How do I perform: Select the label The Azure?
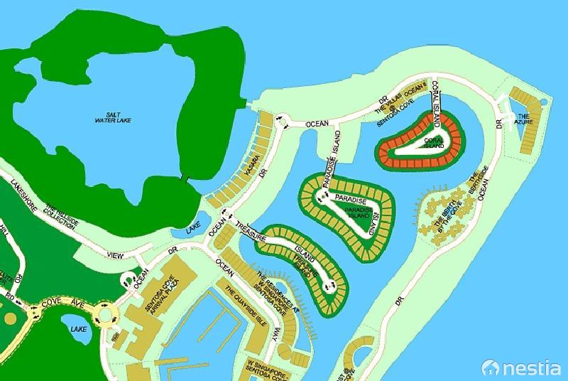click(x=523, y=119)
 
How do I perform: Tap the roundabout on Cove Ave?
click(x=106, y=312)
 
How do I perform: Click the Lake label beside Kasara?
click(x=194, y=230)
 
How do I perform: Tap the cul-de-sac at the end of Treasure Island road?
click(x=328, y=285)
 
